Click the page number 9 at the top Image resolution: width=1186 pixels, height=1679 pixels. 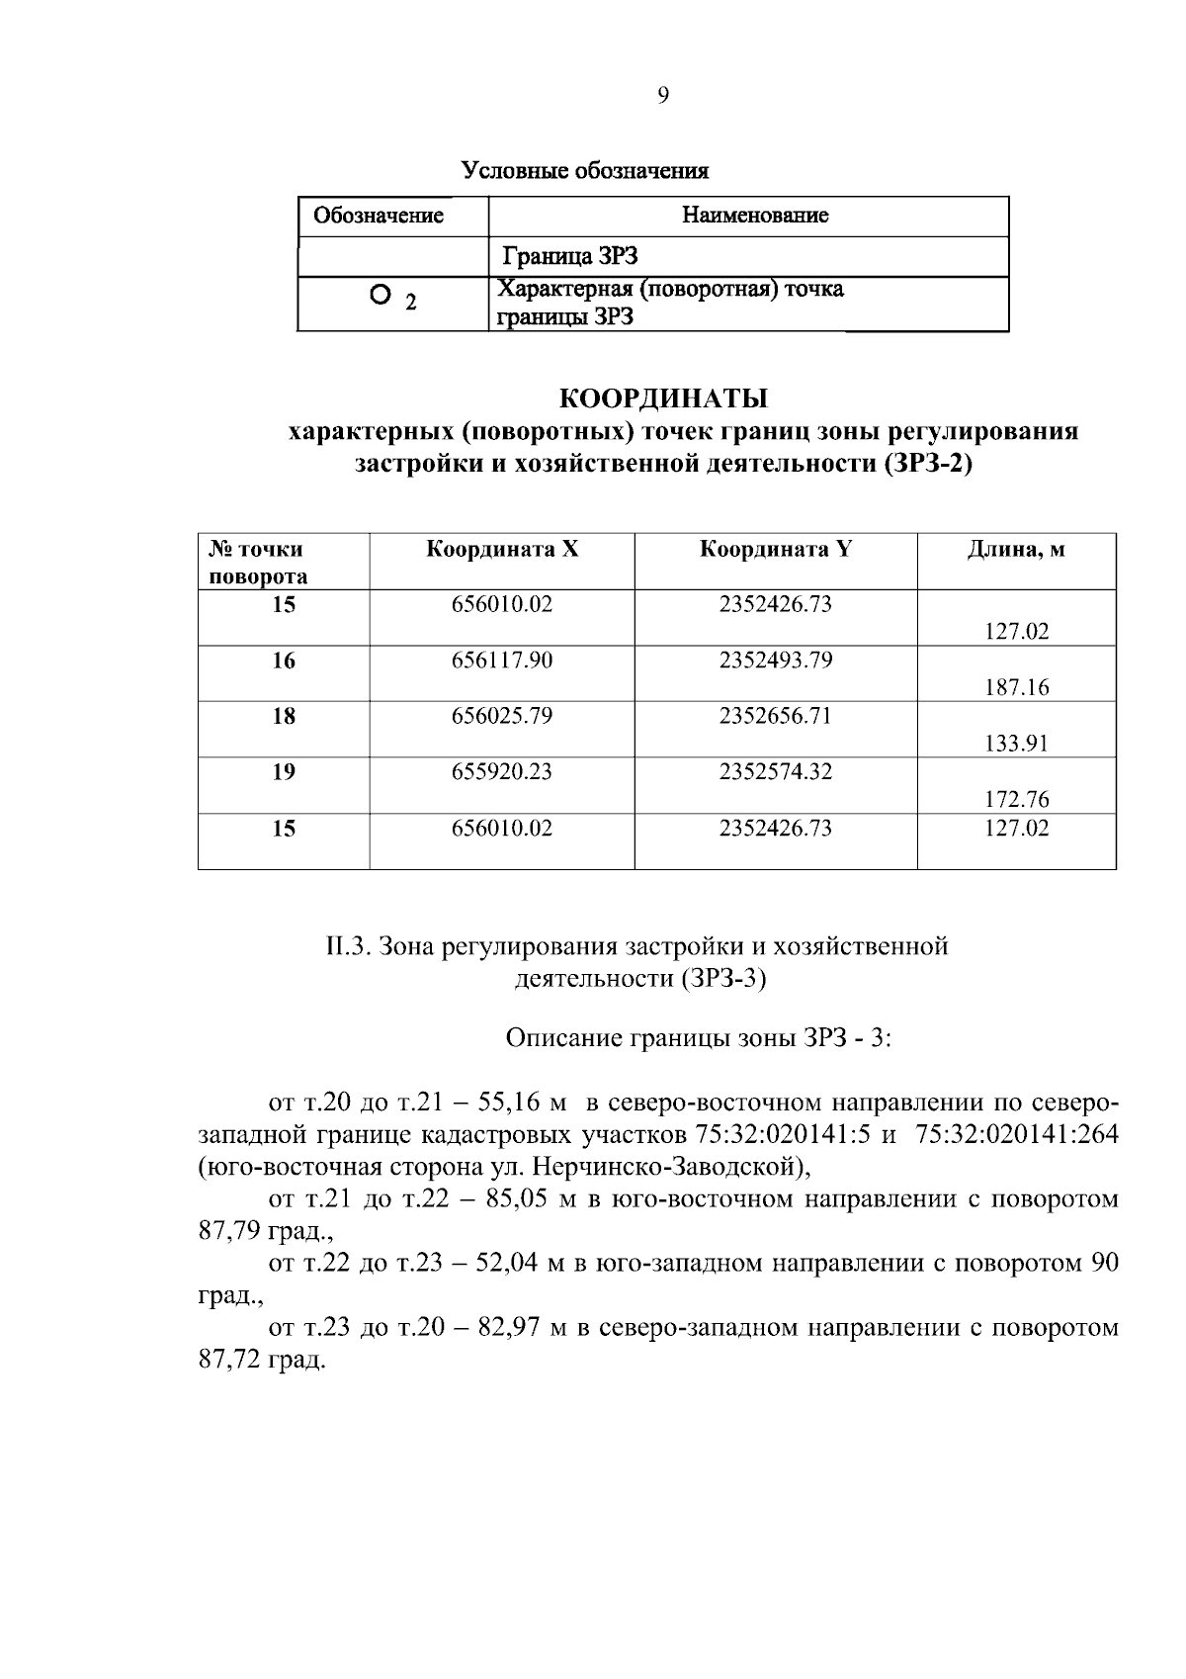[x=662, y=95]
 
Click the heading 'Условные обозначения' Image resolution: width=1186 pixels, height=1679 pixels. [x=586, y=171]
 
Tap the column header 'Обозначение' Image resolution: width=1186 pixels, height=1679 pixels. [x=379, y=216]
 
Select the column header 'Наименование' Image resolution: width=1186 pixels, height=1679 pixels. [x=755, y=215]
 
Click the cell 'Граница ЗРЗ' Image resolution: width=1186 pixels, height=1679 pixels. [x=570, y=257]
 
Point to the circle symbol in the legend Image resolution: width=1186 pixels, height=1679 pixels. [x=378, y=295]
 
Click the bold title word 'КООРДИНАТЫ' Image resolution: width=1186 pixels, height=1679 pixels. [x=663, y=398]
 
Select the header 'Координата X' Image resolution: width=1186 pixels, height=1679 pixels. [x=502, y=550]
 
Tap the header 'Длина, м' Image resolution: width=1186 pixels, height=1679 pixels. [x=1016, y=550]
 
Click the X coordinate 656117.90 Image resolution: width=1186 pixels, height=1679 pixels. [x=502, y=660]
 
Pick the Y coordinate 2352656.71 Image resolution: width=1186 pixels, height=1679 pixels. [x=776, y=715]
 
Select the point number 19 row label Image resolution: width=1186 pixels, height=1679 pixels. [x=284, y=771]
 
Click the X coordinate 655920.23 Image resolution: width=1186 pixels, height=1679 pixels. [x=502, y=771]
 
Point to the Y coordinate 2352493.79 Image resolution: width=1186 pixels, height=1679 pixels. [x=776, y=660]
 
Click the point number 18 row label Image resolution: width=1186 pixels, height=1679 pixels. [x=284, y=715]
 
